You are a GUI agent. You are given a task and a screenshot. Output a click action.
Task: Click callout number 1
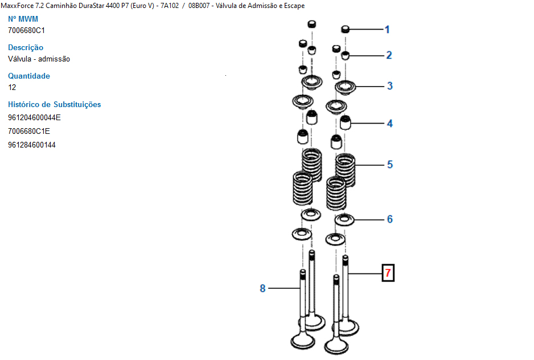click(x=387, y=29)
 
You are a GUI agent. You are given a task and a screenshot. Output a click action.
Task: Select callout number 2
click(x=389, y=55)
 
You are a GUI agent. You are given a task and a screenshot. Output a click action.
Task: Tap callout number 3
click(x=390, y=86)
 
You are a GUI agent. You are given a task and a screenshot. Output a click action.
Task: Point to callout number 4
click(x=390, y=123)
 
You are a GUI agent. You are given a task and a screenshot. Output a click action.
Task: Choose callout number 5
click(x=390, y=165)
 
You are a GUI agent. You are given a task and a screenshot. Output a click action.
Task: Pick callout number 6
click(x=390, y=219)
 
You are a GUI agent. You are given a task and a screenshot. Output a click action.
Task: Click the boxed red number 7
click(x=388, y=273)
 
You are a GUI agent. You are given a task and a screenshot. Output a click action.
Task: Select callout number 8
click(x=262, y=289)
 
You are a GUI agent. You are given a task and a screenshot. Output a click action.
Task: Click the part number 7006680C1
click(x=26, y=30)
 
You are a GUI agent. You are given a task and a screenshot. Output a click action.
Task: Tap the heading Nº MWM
click(x=23, y=19)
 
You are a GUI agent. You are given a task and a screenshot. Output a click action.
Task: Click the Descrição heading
click(x=26, y=47)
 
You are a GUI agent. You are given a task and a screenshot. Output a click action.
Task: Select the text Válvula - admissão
click(x=39, y=59)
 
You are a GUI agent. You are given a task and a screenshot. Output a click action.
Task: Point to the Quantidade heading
click(x=29, y=76)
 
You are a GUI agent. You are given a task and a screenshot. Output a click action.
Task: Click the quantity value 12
click(x=12, y=87)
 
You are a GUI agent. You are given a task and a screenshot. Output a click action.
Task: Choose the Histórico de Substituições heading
click(x=55, y=104)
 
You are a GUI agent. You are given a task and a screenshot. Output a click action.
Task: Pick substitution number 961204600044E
click(x=34, y=118)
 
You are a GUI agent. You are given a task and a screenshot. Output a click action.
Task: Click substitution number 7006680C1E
click(x=29, y=131)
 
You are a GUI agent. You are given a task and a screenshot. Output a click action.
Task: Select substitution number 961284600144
click(x=32, y=145)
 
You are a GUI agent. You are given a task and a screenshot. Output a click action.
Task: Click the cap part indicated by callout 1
click(x=346, y=29)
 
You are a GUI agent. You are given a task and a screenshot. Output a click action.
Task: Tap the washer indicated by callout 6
click(x=344, y=219)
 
